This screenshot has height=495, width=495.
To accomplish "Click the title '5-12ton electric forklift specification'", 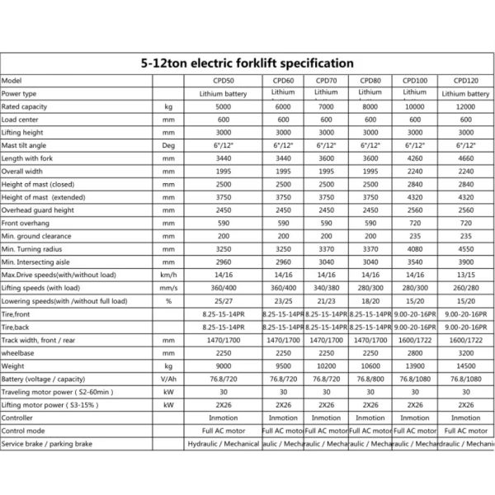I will (247, 63).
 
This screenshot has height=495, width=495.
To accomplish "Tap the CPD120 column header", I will (467, 81).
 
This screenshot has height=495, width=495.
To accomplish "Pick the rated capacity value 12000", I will (467, 107).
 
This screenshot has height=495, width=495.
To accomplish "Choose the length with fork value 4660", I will (467, 158).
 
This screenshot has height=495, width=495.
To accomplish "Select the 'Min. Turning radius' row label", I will (32, 248).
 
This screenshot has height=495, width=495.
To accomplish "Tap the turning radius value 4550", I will (467, 248).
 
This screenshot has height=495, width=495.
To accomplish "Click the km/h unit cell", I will (168, 275).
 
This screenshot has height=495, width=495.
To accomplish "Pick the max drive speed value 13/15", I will (467, 275).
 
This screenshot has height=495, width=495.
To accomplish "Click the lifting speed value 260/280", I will (467, 288).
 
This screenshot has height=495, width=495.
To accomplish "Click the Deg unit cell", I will (168, 145).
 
